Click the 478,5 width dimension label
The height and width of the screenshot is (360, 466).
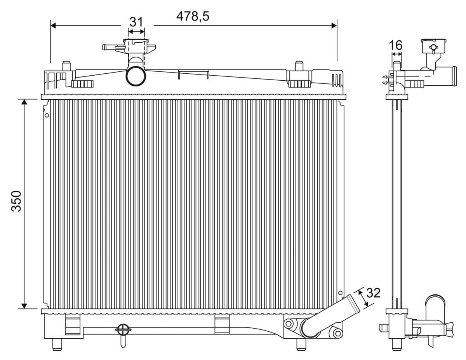pyautogui.click(x=193, y=16)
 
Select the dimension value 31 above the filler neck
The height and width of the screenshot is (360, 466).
pyautogui.click(x=136, y=22)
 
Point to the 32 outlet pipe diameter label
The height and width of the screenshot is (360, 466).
pyautogui.click(x=373, y=293)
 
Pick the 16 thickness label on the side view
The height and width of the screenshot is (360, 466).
pyautogui.click(x=396, y=45)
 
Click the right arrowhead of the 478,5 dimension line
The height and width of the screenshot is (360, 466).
pyautogui.click(x=334, y=26)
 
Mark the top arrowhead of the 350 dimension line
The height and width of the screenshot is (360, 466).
pyautogui.click(x=24, y=102)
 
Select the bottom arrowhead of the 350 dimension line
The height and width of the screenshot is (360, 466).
pyautogui.click(x=24, y=306)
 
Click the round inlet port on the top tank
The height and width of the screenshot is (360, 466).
pyautogui.click(x=136, y=76)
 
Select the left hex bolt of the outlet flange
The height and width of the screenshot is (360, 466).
pyautogui.click(x=288, y=323)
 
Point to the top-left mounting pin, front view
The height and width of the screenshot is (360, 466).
pyautogui.click(x=66, y=65)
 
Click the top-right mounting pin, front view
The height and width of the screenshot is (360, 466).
pyautogui.click(x=299, y=65)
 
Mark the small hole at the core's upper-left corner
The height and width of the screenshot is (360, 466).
pyautogui.click(x=47, y=115)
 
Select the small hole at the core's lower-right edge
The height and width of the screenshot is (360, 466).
pyautogui.click(x=341, y=293)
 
